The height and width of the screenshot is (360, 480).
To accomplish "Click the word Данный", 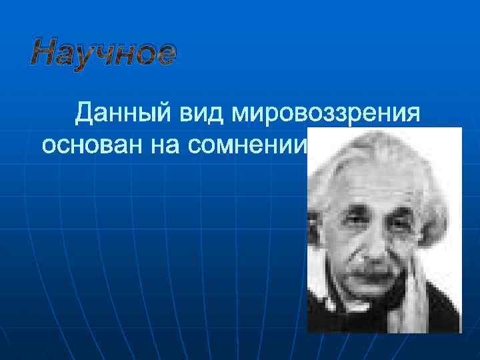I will tap(124, 114).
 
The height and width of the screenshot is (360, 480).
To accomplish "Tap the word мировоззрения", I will tap(325, 114).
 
